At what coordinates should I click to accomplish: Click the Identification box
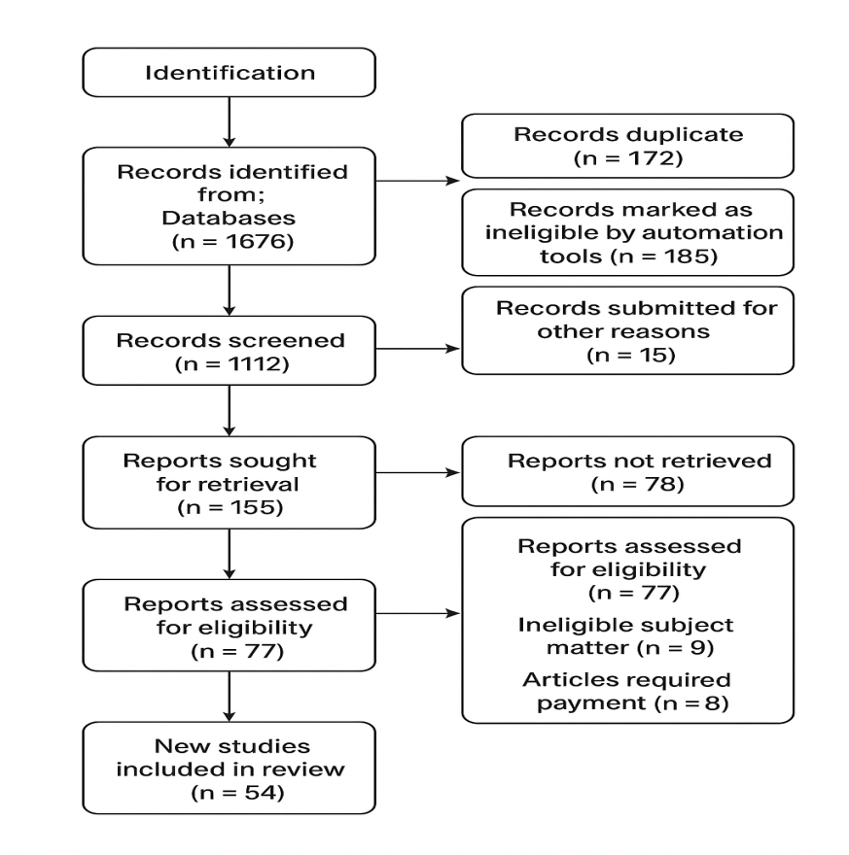(230, 73)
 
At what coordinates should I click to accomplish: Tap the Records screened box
(230, 351)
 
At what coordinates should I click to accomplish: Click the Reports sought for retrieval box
(230, 483)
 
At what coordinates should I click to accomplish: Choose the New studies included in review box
(230, 768)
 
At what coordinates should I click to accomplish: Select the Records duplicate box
(627, 146)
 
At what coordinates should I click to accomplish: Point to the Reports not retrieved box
(627, 471)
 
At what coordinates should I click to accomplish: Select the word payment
(591, 702)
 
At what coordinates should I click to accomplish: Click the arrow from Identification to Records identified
(230, 122)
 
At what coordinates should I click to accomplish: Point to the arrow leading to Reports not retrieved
(418, 473)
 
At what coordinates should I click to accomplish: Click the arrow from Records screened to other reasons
(418, 349)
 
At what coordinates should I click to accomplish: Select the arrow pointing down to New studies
(230, 697)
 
